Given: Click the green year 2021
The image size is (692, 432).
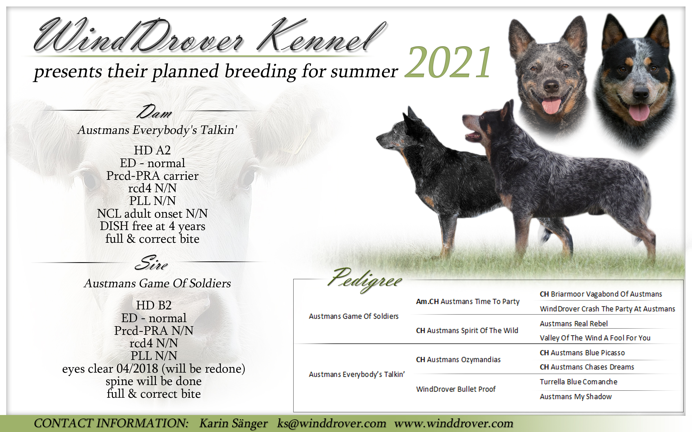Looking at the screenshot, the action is (448, 62).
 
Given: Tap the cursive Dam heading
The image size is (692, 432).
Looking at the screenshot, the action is (154, 112).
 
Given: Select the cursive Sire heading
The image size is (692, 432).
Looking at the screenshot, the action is (151, 263).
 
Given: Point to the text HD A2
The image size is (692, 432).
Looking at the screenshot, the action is (152, 150).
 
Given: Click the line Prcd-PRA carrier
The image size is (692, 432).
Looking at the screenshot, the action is (152, 176).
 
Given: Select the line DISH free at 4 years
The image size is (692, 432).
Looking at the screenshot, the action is (152, 226).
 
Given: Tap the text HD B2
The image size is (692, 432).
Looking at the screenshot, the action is (154, 305).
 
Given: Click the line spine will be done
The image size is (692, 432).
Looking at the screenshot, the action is (154, 381).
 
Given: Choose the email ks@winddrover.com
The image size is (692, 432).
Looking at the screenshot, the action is (332, 423).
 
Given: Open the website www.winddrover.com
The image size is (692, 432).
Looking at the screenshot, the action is (454, 423).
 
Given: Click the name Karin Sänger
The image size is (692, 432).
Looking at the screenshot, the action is (233, 423).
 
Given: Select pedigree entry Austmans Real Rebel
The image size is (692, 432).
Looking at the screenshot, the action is (574, 324).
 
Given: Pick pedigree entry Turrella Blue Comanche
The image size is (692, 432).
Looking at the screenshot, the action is (578, 382).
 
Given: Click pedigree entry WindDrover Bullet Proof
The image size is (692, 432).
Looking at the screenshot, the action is (456, 389).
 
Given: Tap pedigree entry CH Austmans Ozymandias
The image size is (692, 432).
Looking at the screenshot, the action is (458, 360).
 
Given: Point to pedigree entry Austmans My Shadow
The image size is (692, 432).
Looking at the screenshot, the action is (575, 397).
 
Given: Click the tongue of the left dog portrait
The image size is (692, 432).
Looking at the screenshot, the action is (551, 106).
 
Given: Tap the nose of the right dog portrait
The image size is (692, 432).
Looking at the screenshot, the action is (641, 92).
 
